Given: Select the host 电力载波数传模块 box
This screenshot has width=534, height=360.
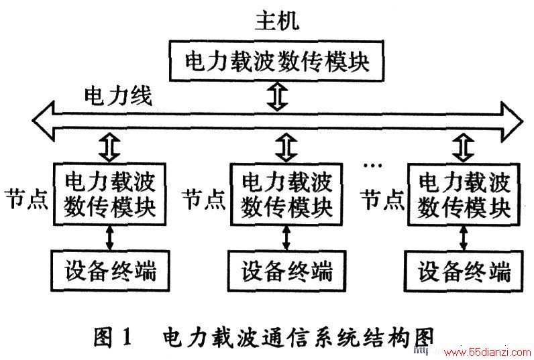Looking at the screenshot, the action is [x=276, y=61].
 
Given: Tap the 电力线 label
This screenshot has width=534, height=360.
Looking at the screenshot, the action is [x=118, y=96].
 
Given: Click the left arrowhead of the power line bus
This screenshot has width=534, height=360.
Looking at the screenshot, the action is [x=44, y=121].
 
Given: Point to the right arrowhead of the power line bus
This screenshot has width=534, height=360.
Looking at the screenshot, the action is [x=512, y=121].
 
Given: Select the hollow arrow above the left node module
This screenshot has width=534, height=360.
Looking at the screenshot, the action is [x=109, y=147].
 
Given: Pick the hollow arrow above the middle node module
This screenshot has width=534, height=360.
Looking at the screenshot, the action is [x=286, y=147].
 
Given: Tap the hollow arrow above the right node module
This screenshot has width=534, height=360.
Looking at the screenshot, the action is [x=463, y=147].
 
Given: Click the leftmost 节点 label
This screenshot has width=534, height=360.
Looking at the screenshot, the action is [x=26, y=199].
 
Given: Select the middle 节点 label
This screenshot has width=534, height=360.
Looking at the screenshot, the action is [x=204, y=199].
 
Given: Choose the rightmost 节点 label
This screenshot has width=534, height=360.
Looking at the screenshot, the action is [x=382, y=199].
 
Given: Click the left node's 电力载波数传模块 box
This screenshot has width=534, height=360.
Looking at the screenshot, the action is [x=109, y=194].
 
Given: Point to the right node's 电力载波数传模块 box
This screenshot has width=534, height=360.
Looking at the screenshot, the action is [x=464, y=194].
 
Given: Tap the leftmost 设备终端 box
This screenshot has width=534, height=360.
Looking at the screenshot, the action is [x=110, y=271].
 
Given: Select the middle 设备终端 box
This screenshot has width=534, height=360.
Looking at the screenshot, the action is [x=287, y=272].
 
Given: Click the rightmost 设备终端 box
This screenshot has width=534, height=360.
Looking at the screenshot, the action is [x=464, y=272].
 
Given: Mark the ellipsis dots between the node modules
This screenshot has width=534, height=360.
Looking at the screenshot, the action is [x=373, y=166].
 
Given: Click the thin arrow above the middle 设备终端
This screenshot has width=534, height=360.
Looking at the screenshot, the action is [x=286, y=238].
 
